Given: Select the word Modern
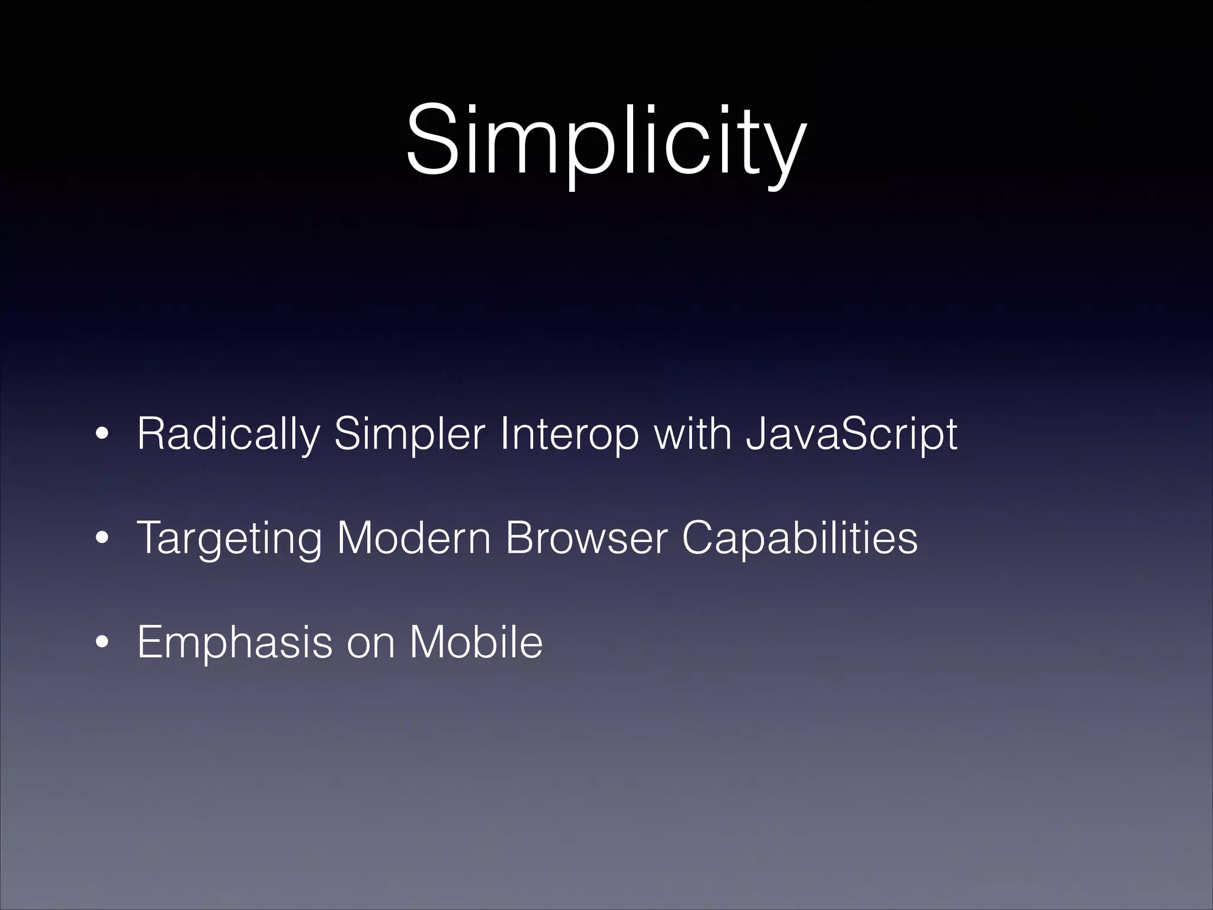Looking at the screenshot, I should [413, 538].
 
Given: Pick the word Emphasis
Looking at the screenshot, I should [235, 643].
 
